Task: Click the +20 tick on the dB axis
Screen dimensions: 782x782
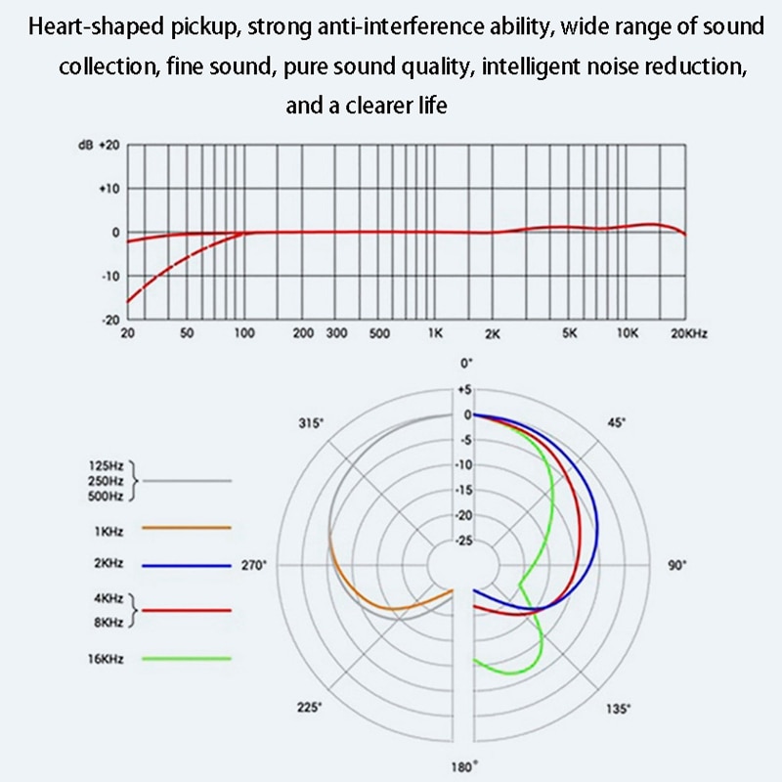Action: [109, 145]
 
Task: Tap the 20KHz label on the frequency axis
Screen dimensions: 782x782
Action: [688, 333]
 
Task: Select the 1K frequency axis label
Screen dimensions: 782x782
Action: [436, 333]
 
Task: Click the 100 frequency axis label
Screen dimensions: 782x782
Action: [244, 333]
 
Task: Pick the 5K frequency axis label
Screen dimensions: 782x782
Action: [570, 333]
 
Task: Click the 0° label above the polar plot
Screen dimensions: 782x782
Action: [466, 363]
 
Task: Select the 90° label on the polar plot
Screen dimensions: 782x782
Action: [676, 565]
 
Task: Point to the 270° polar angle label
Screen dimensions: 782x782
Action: [253, 565]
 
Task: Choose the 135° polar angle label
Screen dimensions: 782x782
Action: [618, 708]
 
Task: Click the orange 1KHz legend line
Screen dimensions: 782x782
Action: [186, 527]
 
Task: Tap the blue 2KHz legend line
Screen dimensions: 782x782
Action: [186, 565]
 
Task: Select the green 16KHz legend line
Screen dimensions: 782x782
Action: [186, 659]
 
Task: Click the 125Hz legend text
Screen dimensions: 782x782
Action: [105, 466]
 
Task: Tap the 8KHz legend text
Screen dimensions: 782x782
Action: [107, 621]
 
